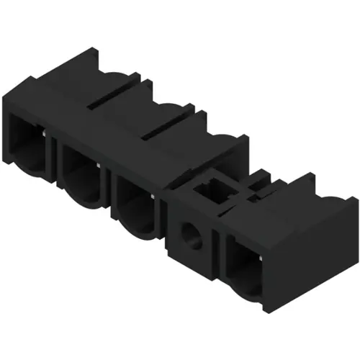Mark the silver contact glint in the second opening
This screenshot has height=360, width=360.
[98, 165]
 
